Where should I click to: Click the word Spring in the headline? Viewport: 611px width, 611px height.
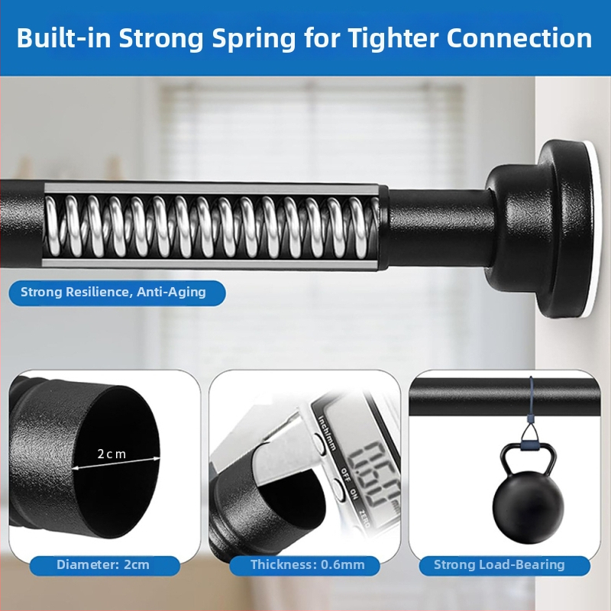click(x=254, y=39)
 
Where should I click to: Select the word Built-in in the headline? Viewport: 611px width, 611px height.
click(x=64, y=37)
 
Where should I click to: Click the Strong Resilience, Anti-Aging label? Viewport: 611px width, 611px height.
click(x=113, y=293)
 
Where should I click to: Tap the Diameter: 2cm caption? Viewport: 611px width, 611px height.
click(x=103, y=564)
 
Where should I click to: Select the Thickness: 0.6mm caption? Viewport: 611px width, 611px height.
click(x=308, y=564)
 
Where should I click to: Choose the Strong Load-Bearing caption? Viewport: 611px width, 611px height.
click(x=499, y=564)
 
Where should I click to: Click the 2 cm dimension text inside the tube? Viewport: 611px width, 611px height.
click(x=112, y=454)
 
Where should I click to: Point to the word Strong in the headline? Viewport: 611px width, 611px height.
click(x=161, y=39)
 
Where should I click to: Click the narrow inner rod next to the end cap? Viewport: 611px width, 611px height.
click(x=438, y=229)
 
